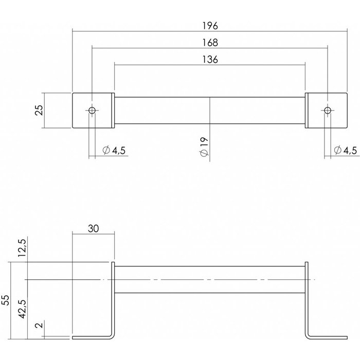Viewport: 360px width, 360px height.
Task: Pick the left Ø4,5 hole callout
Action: [114, 150]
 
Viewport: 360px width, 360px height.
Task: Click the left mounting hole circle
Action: [92, 111]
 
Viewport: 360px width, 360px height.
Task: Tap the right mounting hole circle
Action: [327, 111]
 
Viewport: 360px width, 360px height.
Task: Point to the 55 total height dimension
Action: [7, 300]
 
